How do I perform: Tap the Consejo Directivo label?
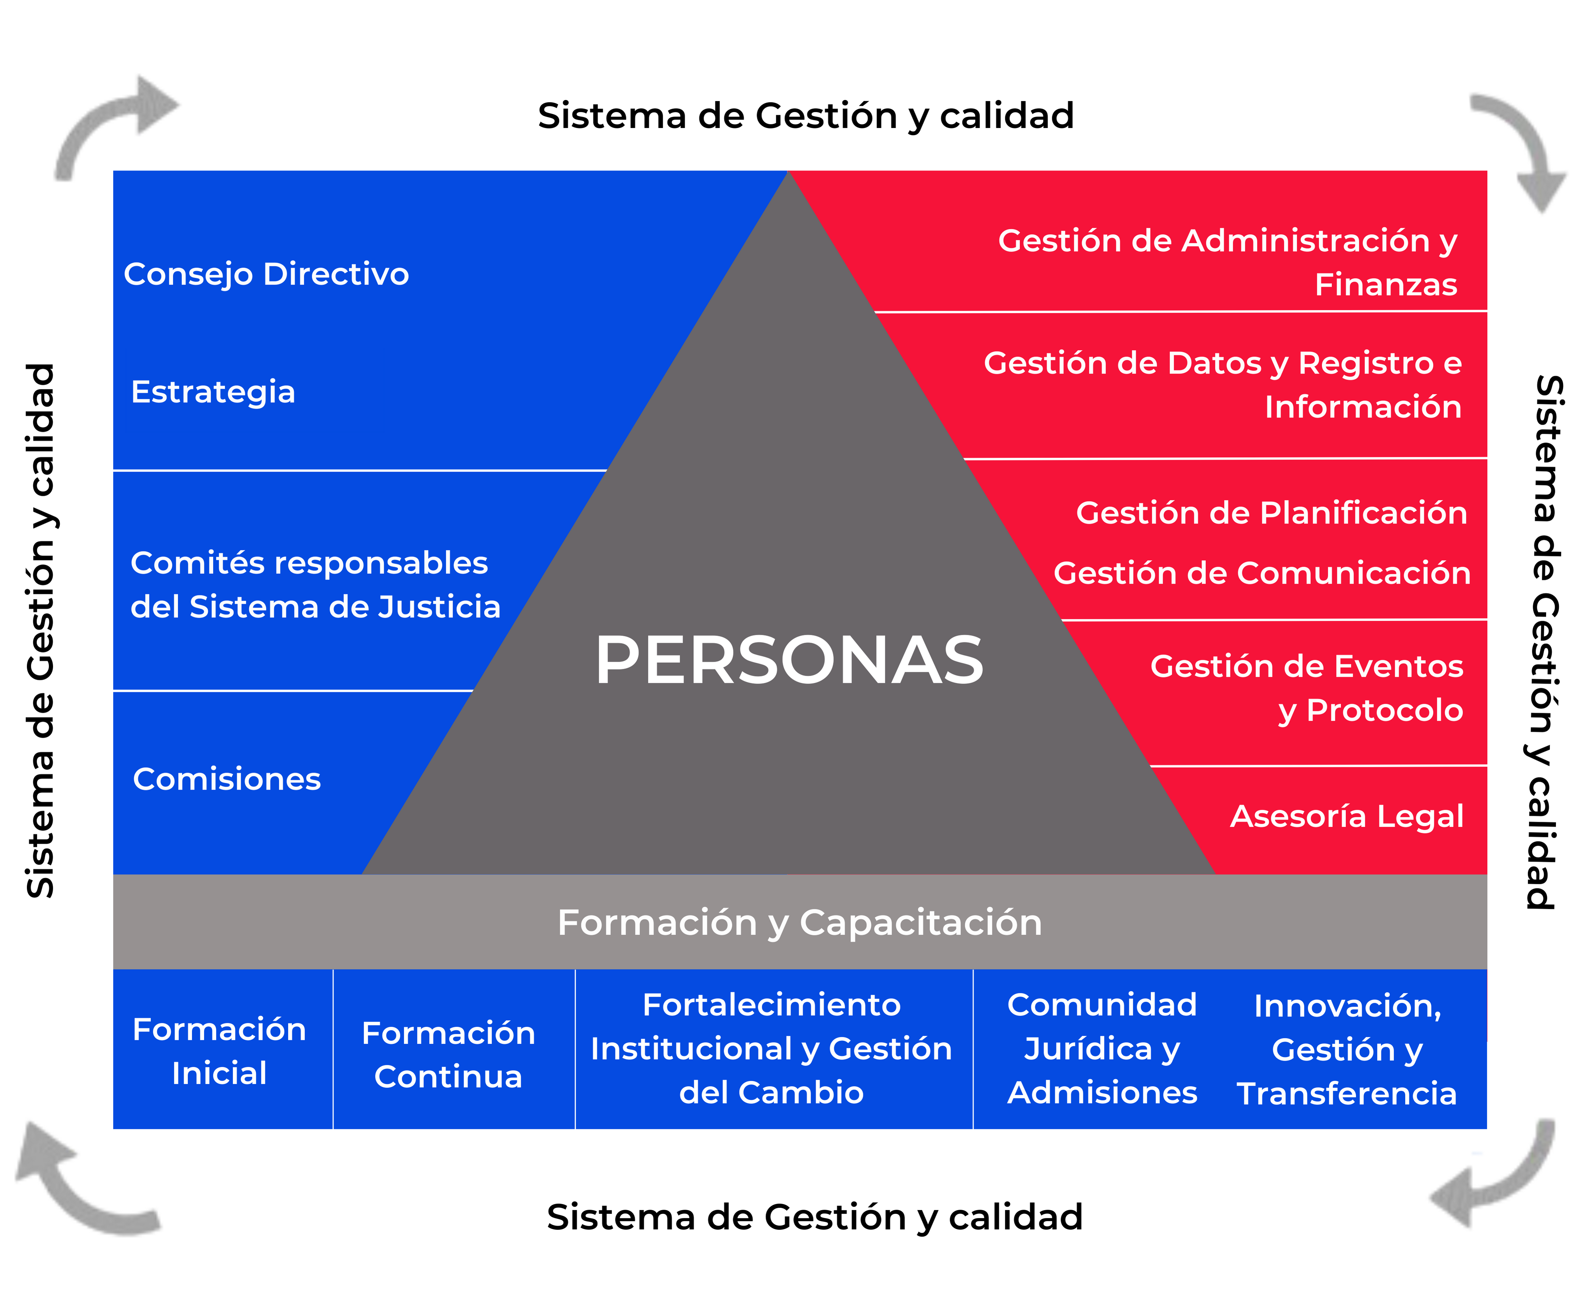[266, 274]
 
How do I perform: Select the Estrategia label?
[212, 392]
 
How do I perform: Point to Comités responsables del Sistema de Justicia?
[315, 585]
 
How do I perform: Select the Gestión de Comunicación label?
[1262, 573]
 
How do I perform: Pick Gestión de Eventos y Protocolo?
[1306, 688]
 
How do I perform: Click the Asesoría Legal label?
[1347, 816]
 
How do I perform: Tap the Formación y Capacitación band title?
[799, 922]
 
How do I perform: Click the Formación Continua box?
[448, 1054]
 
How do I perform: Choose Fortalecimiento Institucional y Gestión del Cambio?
[771, 1048]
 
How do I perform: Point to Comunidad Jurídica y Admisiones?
[1102, 1048]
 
